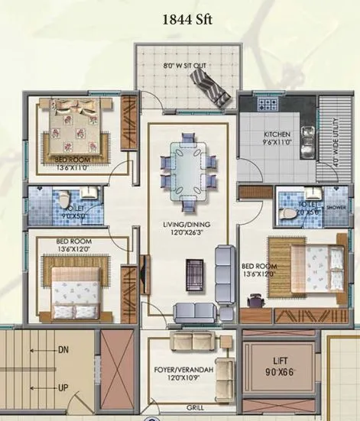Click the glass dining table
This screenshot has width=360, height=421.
click(x=183, y=167)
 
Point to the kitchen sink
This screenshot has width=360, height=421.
click(x=306, y=136)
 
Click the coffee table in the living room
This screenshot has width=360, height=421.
click(x=195, y=272)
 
